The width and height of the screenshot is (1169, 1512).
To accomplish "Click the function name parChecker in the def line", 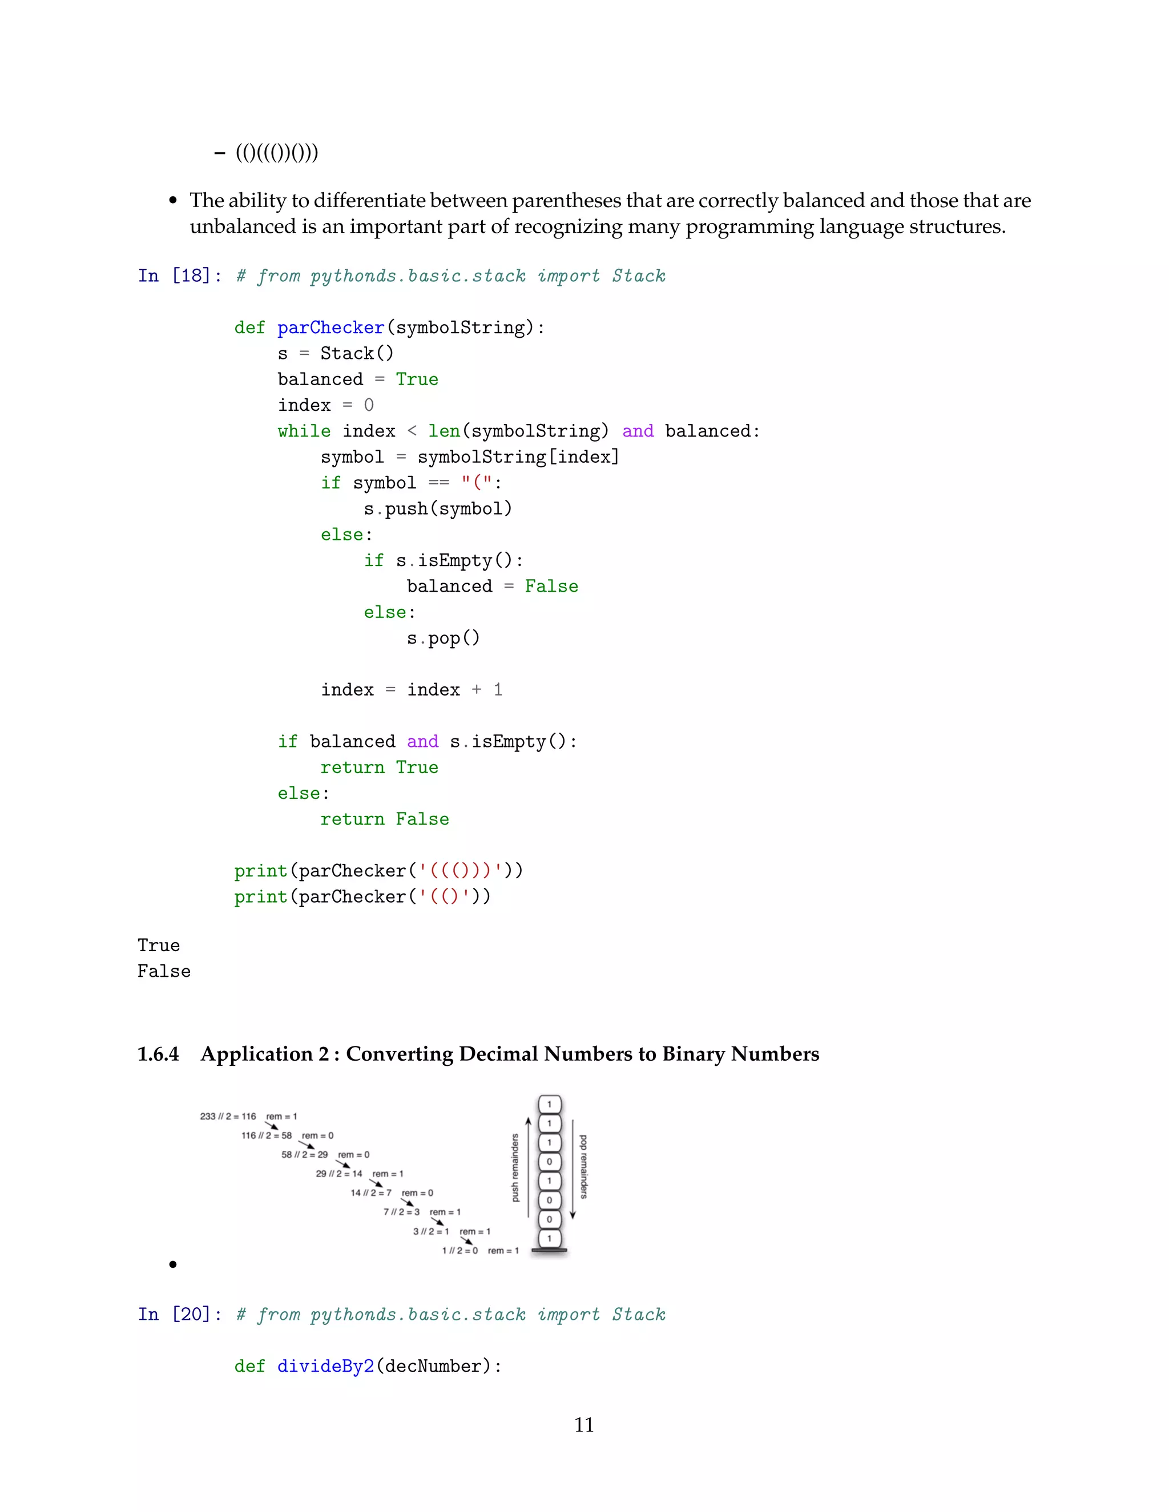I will click(x=330, y=328).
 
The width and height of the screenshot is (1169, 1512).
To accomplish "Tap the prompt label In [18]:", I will click(x=179, y=276).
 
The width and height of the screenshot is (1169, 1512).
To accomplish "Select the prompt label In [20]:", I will click(x=179, y=1314).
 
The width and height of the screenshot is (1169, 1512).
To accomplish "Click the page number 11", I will click(x=584, y=1425).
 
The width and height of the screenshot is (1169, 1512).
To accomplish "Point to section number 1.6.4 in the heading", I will click(x=158, y=1054).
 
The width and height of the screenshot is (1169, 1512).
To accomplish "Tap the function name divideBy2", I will click(x=325, y=1366).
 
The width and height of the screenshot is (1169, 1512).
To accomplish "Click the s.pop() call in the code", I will click(x=443, y=638).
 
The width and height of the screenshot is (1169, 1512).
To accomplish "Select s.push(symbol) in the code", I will click(x=438, y=509).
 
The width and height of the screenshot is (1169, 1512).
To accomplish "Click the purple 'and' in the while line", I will click(x=638, y=431).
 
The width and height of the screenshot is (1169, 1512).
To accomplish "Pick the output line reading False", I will click(x=163, y=971).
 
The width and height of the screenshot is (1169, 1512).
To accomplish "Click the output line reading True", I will click(x=159, y=945).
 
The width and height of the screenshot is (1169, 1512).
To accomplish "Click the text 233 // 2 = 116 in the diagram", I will click(x=228, y=1116).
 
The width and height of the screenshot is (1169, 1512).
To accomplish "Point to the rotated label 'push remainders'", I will click(x=514, y=1167).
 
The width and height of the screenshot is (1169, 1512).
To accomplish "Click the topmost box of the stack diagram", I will click(x=549, y=1104).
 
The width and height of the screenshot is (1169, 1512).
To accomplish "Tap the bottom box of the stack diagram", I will click(x=549, y=1238).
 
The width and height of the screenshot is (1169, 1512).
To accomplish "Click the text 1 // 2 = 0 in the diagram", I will click(x=460, y=1250).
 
